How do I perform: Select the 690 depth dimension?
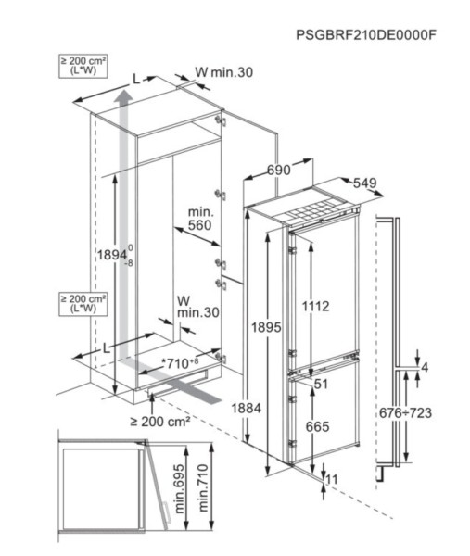click(x=280, y=170)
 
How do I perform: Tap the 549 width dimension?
click(x=363, y=183)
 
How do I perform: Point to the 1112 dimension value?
click(x=314, y=305)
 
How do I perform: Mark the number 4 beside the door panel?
click(x=424, y=368)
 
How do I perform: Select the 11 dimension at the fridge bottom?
click(x=331, y=477)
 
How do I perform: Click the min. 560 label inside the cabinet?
click(x=200, y=219)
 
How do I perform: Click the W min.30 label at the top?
click(x=223, y=73)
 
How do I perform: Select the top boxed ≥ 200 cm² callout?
click(x=83, y=66)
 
